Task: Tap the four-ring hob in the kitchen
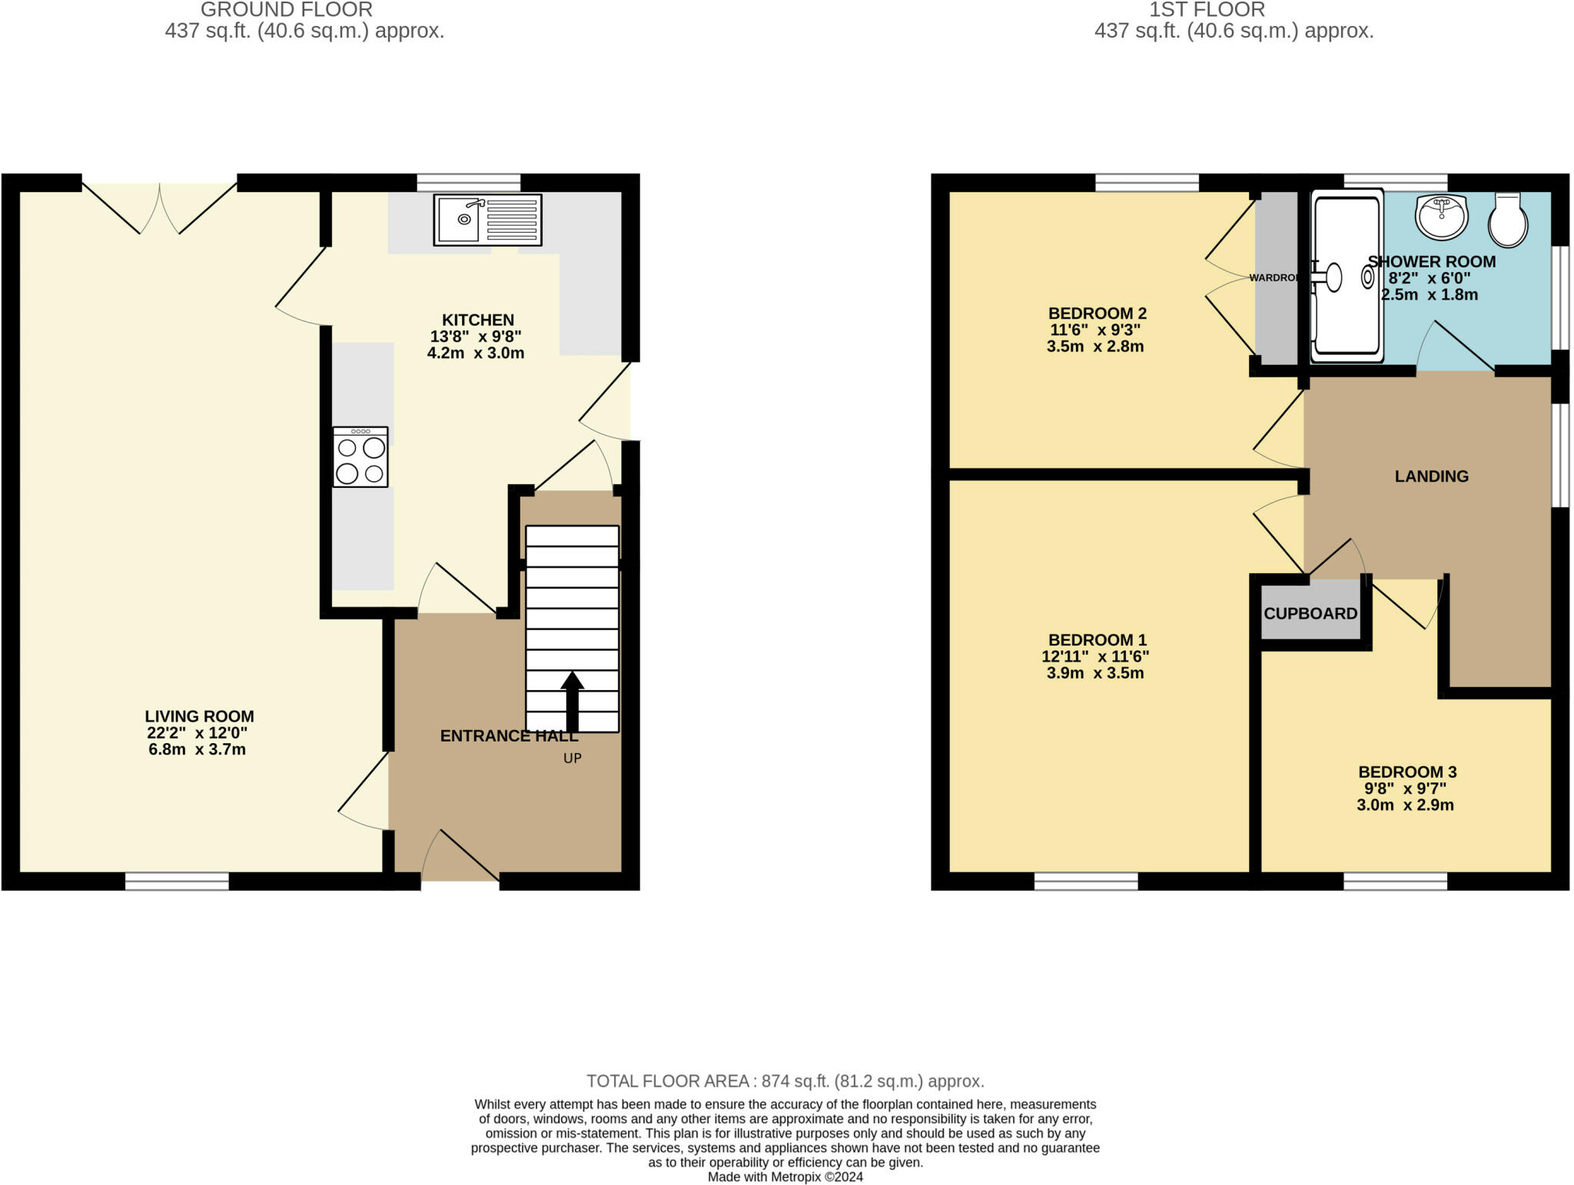coord(360,457)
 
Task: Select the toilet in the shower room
coord(1508,219)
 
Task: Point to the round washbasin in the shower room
coord(1442,217)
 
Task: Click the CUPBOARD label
coord(1310,613)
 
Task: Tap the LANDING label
coord(1431,476)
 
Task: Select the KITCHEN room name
coord(478,320)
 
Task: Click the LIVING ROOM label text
coord(199,716)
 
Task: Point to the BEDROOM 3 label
coord(1407,772)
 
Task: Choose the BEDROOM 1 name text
coord(1097,639)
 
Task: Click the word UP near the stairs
coord(573,758)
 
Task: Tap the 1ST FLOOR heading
coord(1207,10)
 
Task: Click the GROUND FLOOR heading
coord(287,10)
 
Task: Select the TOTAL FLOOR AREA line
coord(785,1080)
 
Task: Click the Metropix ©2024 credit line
coord(785,1177)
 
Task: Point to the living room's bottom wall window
coord(177,881)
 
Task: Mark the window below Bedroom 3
coord(1395,881)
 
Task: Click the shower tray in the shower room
coord(1346,279)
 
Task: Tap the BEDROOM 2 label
coord(1097,313)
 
